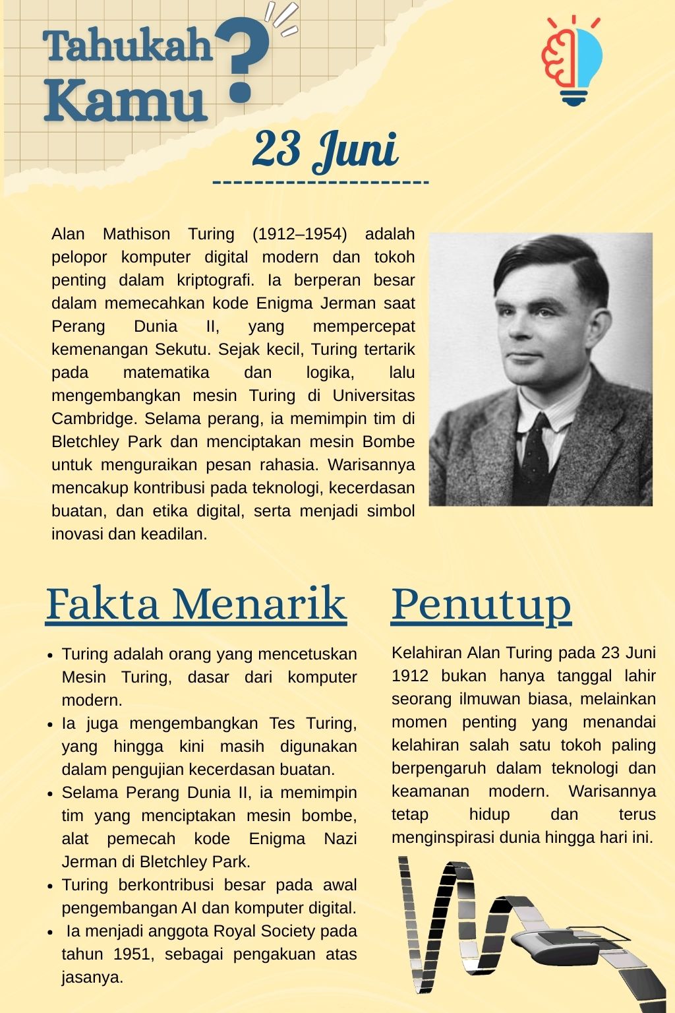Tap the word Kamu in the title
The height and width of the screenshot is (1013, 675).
[x=125, y=100]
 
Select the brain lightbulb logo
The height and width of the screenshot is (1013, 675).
[x=572, y=61]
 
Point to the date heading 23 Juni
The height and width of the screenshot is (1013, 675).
[x=324, y=150]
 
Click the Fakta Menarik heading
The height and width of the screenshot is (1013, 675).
[x=196, y=603]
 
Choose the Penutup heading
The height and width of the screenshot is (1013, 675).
[x=481, y=603]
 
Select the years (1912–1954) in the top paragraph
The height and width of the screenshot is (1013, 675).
[x=299, y=234]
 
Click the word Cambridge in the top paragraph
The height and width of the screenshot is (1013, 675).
[x=92, y=419]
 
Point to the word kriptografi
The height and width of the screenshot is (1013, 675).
[x=215, y=280]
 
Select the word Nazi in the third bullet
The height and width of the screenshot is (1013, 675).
[x=340, y=839]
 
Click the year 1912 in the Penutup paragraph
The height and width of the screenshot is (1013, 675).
[x=409, y=676]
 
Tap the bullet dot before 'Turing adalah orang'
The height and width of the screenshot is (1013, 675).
[x=50, y=656]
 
